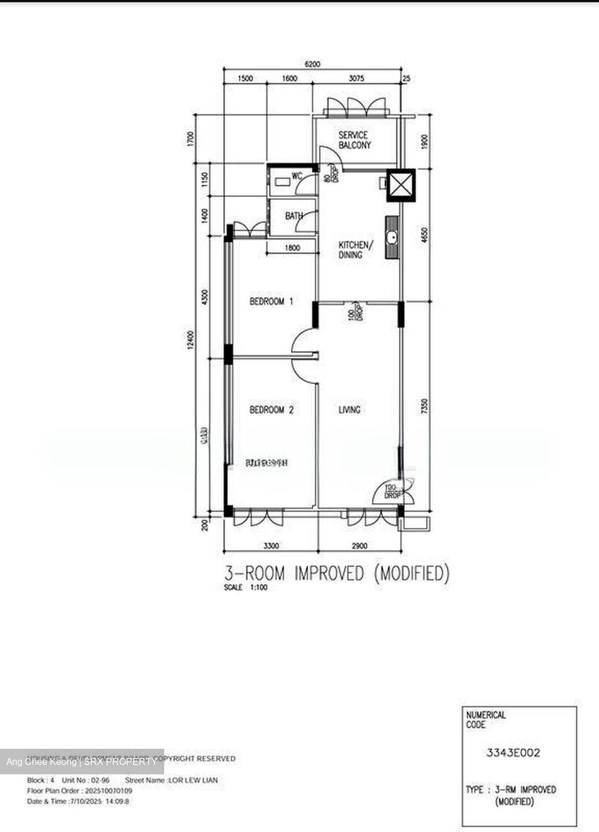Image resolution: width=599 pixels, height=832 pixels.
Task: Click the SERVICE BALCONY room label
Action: (354, 140)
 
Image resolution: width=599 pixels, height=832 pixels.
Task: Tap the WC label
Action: (297, 176)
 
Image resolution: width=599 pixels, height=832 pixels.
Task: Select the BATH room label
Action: (294, 216)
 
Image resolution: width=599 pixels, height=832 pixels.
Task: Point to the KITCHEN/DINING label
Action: (355, 250)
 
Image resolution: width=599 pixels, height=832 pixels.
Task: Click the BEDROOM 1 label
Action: (271, 301)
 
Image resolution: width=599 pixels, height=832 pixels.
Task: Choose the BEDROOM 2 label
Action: (271, 410)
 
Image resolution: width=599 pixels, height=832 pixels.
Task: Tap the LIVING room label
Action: (349, 410)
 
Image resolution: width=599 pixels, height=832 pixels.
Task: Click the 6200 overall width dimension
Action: (312, 64)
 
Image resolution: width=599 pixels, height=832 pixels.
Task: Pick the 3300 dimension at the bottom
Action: (271, 545)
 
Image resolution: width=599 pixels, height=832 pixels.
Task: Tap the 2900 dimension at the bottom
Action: (359, 545)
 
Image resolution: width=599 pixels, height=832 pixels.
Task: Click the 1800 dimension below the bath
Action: (293, 248)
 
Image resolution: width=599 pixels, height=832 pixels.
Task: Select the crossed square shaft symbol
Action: (401, 185)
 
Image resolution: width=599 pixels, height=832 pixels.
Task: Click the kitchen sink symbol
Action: (392, 237)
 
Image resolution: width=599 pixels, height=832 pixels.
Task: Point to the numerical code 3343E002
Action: (513, 752)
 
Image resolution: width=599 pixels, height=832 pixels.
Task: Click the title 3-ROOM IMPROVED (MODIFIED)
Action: (337, 573)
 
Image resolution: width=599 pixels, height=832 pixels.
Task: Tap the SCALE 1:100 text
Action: (246, 588)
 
